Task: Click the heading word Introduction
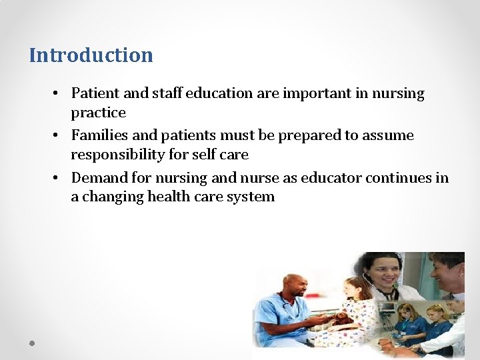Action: coord(91,55)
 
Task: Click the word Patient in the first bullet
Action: coord(94,93)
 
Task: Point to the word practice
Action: coord(98,113)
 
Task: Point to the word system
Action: coord(252,197)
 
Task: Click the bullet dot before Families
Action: coord(57,136)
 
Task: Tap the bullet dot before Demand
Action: coord(57,179)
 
